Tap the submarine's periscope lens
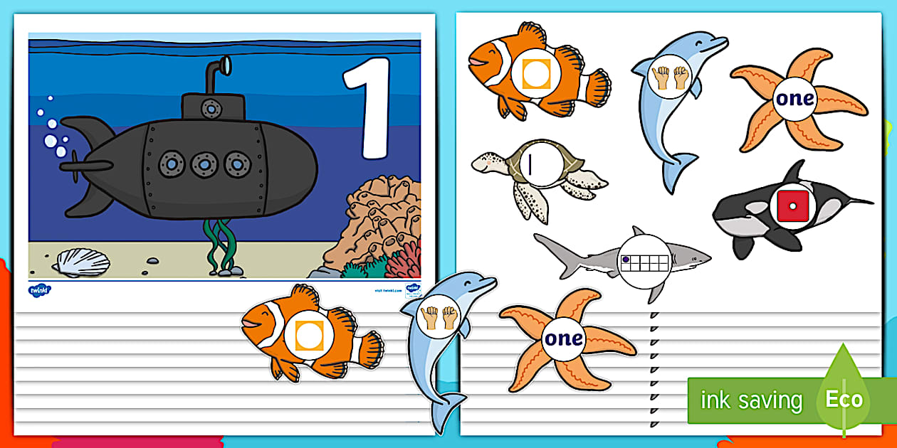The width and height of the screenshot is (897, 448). [224, 66]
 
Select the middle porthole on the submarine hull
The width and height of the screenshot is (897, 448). [204, 164]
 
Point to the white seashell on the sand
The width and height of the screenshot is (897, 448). [80, 262]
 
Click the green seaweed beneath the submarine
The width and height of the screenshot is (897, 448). [221, 245]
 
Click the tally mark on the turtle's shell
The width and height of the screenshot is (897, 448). [532, 164]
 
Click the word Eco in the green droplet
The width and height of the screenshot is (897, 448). [844, 399]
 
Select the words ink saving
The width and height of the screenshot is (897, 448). [751, 400]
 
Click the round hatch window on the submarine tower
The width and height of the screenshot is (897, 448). [210, 107]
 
